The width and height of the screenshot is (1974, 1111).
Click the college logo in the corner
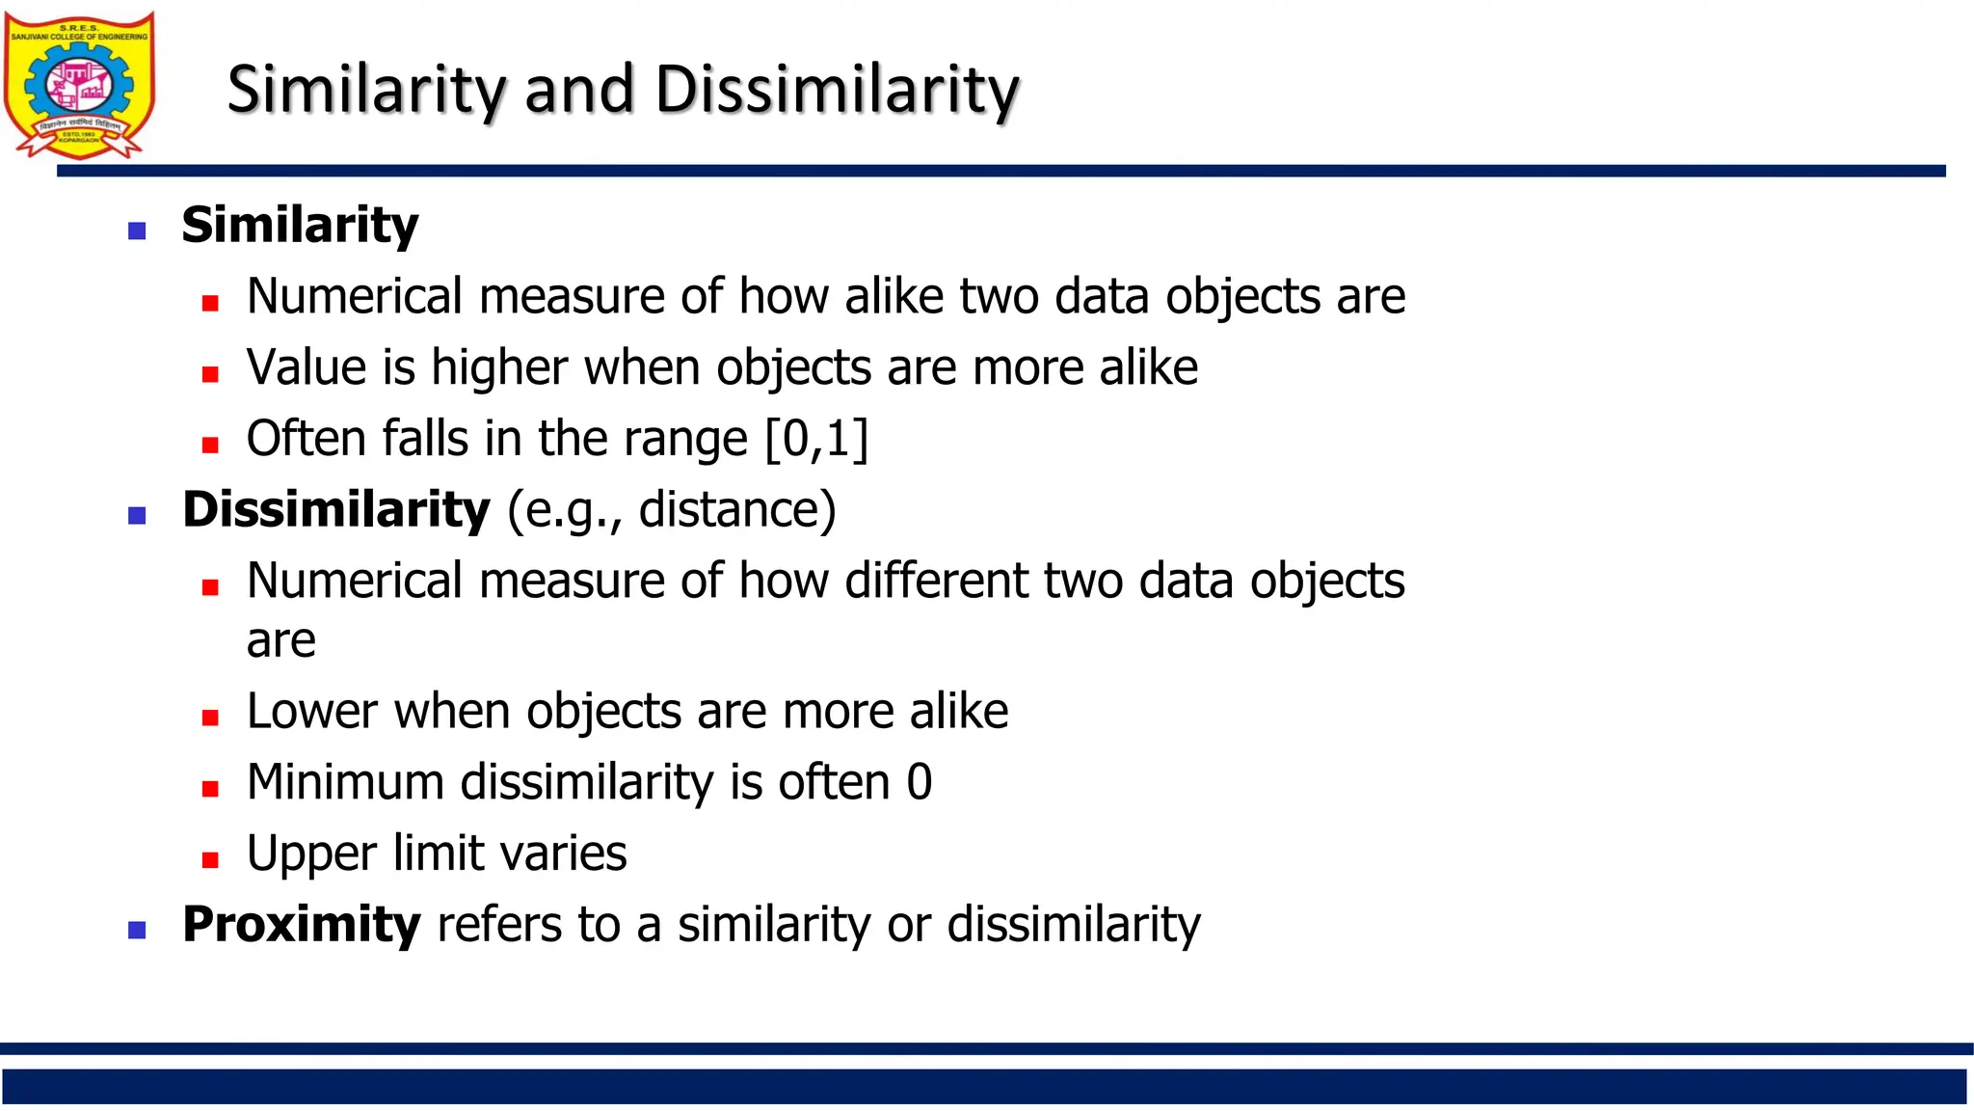79,85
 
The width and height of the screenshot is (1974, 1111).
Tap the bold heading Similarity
300,225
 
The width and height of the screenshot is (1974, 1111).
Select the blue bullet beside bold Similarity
137,230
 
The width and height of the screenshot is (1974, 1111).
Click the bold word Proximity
301,924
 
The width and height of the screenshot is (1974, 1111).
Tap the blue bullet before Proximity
137,931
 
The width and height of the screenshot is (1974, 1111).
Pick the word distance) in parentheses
737,509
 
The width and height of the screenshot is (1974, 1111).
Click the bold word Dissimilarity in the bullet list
335,509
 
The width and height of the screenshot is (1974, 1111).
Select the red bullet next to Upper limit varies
210,859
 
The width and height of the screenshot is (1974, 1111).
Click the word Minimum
344,781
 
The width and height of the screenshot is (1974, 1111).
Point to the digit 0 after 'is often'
920,782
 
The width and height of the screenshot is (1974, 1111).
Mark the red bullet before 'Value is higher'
210,374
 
